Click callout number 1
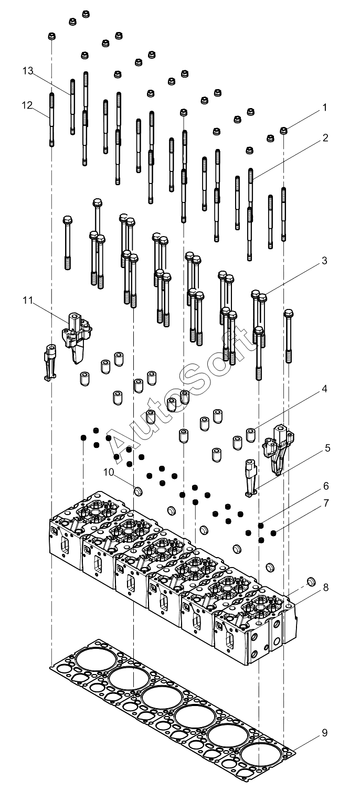[325, 108]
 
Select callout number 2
[325, 138]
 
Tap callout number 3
[324, 261]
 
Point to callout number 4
[324, 389]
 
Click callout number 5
[327, 448]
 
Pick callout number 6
[325, 486]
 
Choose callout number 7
[325, 503]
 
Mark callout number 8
[325, 587]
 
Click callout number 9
[325, 733]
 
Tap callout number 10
[109, 472]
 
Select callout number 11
[28, 300]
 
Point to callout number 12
[27, 105]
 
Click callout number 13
[28, 71]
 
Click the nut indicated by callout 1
[283, 131]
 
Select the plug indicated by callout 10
[137, 490]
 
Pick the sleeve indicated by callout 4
[251, 435]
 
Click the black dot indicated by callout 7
[273, 532]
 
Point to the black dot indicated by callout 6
[261, 526]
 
